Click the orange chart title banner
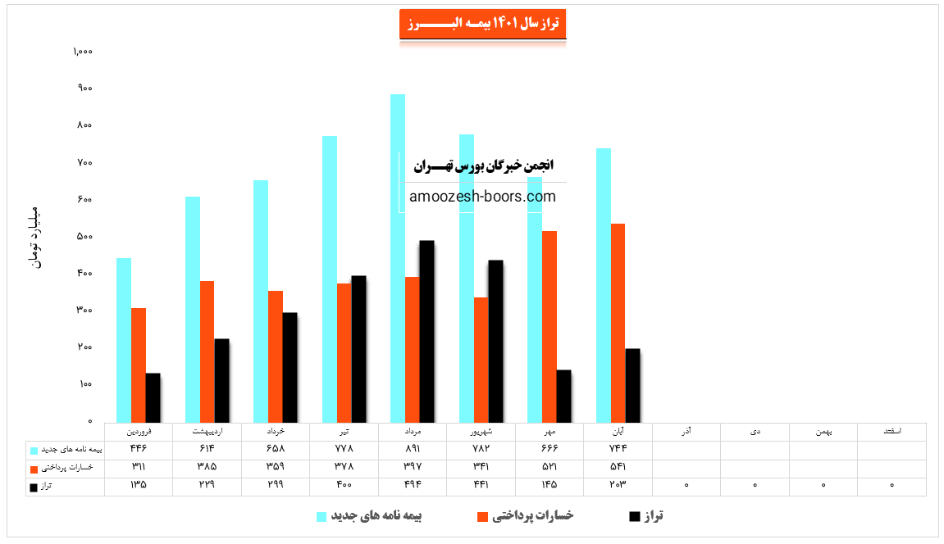482,24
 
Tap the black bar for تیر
358,348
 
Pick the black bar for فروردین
153,397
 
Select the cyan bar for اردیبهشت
193,309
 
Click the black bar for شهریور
495,341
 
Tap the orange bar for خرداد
276,356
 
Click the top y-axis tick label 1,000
83,52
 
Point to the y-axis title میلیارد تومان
34,234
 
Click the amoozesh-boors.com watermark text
482,197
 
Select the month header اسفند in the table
892,431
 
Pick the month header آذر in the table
686,431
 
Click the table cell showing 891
413,449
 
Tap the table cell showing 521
550,467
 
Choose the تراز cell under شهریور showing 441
481,485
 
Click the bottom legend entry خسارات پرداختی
534,515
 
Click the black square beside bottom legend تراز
634,517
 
